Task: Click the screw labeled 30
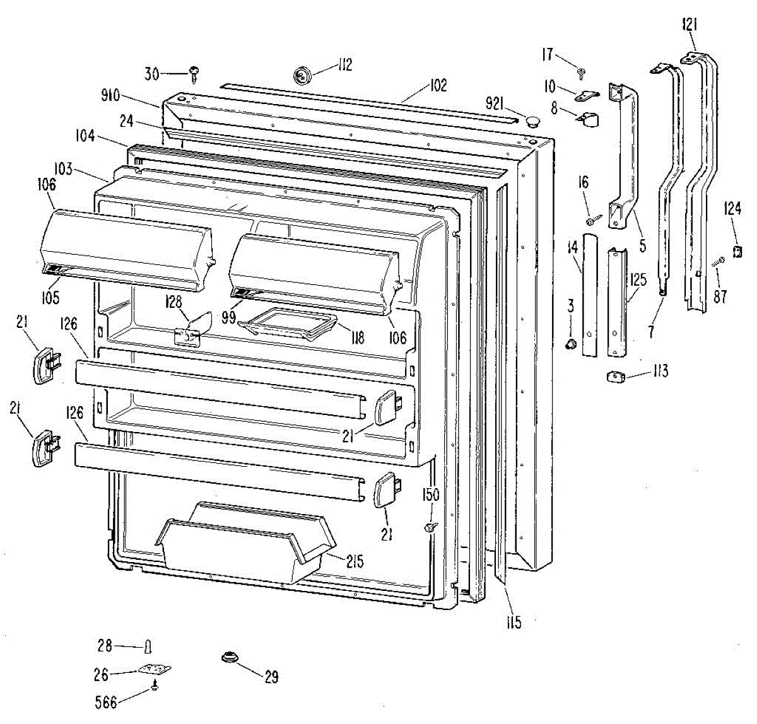point(193,75)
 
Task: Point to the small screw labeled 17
point(582,72)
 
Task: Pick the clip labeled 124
point(736,252)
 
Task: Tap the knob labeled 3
point(570,344)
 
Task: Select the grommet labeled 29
point(230,658)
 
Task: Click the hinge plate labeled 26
point(155,670)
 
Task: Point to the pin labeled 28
point(148,646)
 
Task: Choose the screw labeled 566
point(155,688)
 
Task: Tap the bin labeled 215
point(246,545)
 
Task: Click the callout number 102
point(438,85)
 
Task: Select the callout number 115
point(513,623)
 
